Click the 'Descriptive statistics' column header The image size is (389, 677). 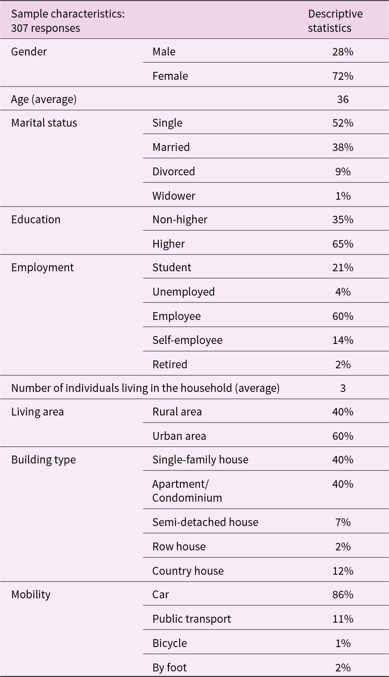335,21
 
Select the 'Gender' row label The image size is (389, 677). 29,52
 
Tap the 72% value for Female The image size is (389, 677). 343,76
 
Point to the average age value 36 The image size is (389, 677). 343,99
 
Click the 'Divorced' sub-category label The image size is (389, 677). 174,172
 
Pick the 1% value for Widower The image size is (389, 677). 343,196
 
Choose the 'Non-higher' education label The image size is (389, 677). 180,220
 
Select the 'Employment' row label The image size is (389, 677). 42,268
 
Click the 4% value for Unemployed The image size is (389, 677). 343,292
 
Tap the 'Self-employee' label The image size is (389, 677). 187,340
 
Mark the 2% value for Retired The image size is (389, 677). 343,365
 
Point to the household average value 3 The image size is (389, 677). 343,388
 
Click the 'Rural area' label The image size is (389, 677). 177,412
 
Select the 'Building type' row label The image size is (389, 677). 43,460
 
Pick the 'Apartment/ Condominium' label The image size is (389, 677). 187,491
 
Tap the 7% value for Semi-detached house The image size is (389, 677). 343,522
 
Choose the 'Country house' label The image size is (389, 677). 188,571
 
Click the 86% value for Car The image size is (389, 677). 343,595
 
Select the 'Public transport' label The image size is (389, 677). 192,619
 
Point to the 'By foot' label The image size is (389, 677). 169,668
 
